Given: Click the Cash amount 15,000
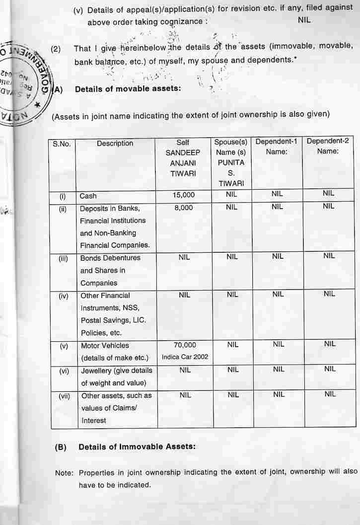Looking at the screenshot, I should (184, 195).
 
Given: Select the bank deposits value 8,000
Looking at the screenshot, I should (184, 208).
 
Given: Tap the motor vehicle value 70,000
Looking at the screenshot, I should (185, 345).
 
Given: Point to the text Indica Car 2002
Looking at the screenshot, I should (184, 357).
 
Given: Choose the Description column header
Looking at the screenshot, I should (115, 143).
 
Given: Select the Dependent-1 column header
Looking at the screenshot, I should (276, 142).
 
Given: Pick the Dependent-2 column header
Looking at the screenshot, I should (328, 141).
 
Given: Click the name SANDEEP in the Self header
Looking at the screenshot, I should (183, 153).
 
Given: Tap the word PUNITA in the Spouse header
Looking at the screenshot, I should (231, 162).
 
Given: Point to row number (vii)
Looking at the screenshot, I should (64, 396).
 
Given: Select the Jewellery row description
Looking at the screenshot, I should (116, 376).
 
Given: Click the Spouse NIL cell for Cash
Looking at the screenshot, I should (231, 194).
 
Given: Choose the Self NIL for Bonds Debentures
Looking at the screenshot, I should (184, 257).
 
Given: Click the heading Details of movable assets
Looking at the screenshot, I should (121, 89).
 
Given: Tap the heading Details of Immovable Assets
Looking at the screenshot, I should (137, 447).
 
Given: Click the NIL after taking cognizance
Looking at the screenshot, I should (304, 20).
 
